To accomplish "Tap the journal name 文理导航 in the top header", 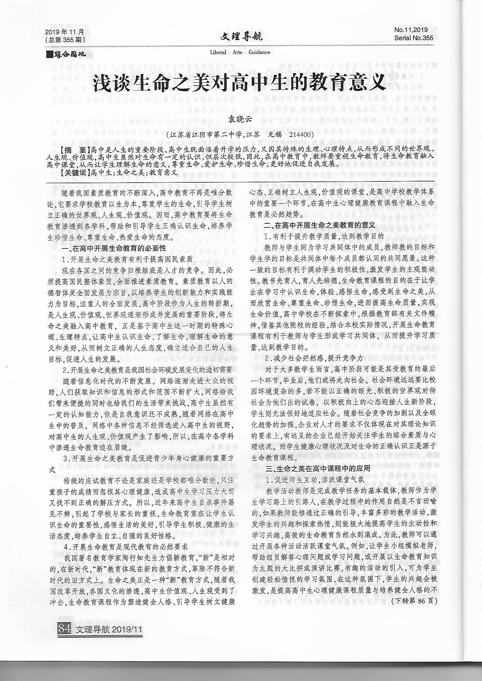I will [241, 37].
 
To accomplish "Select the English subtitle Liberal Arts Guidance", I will [240, 52].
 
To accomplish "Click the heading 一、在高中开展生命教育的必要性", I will [114, 248].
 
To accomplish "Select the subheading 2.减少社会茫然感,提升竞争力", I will [314, 358].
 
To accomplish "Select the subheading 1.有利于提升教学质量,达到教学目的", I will [324, 237].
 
